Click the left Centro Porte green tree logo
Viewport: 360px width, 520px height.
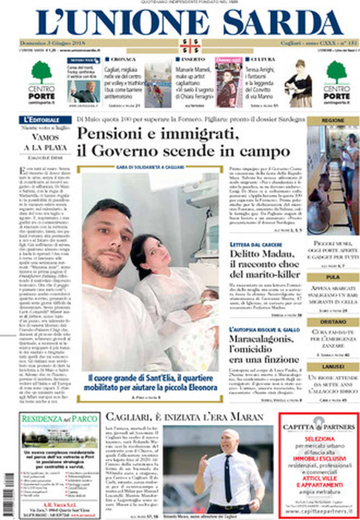(x=41, y=71)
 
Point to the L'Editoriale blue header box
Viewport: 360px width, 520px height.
(x=42, y=119)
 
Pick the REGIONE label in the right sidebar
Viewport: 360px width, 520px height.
(x=332, y=120)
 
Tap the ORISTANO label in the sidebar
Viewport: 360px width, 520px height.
(x=332, y=322)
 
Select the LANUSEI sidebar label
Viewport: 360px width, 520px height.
(x=332, y=367)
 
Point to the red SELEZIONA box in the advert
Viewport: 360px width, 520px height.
(x=319, y=437)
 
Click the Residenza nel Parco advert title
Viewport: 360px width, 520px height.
(x=52, y=419)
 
